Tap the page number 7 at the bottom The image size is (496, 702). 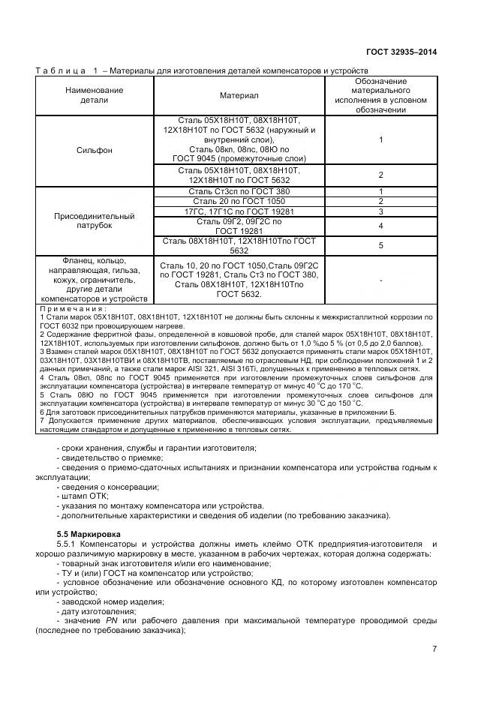click(434, 649)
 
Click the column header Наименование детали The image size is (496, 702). click(94, 95)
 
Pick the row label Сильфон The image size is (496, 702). click(94, 150)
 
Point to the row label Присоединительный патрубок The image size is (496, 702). click(94, 220)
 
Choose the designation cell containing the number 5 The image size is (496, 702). click(381, 245)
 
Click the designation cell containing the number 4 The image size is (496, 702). click(381, 226)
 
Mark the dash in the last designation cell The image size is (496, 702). click(381, 280)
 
